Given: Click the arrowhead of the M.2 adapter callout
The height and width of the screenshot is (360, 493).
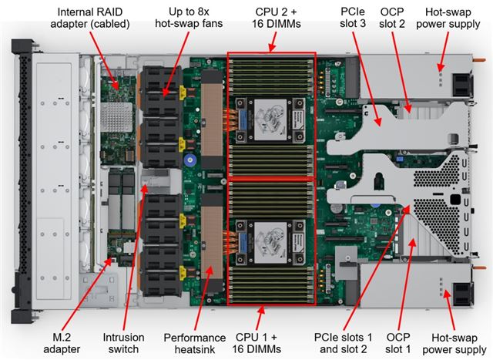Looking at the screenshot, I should (x=107, y=257).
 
